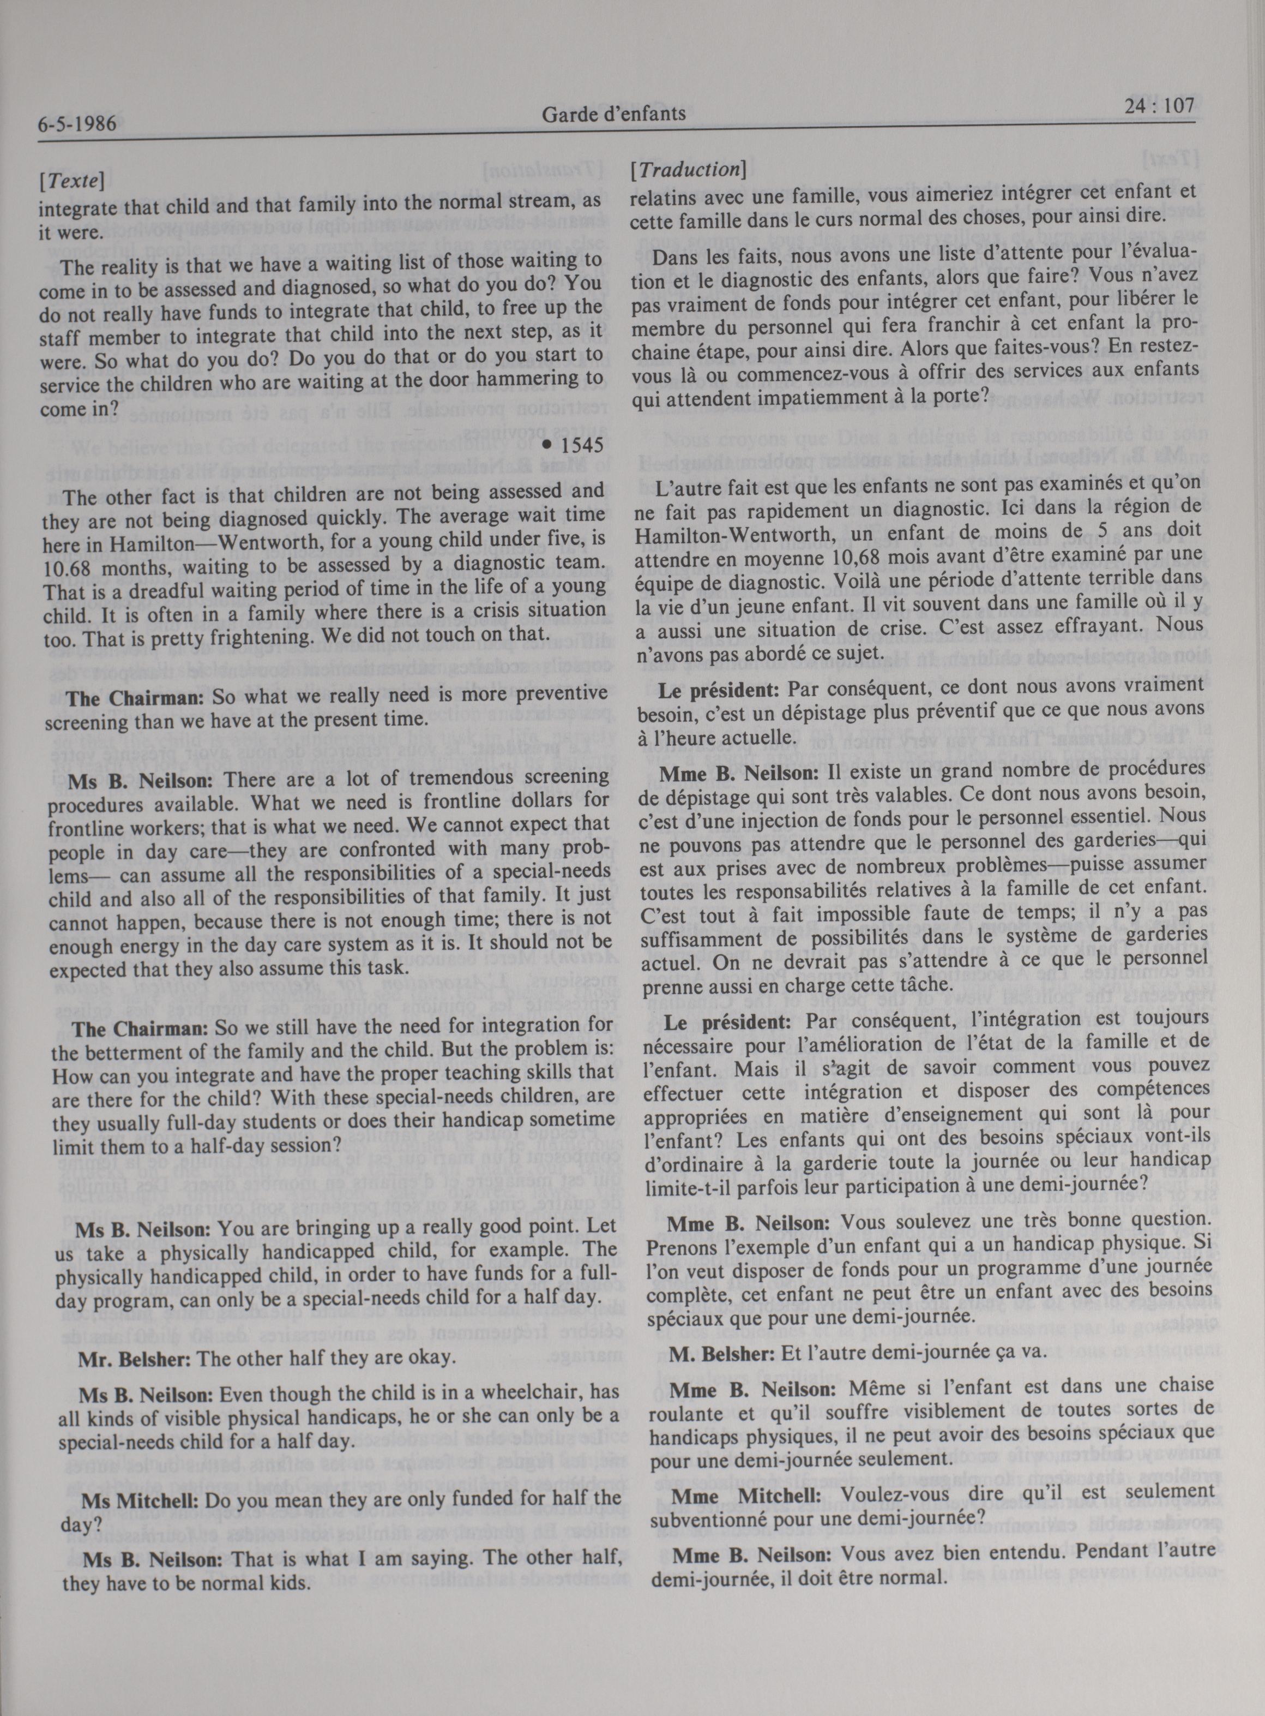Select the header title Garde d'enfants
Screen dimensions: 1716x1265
(613, 116)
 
